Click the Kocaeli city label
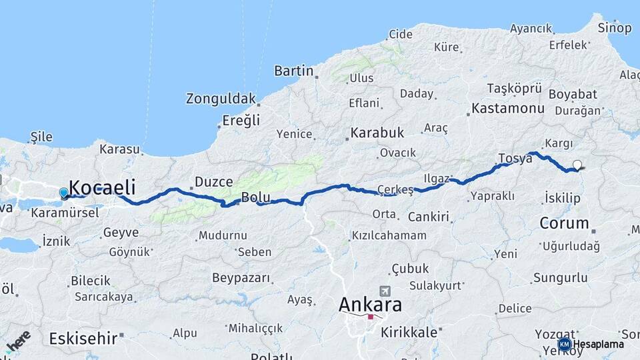point(102,187)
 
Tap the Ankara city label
point(370,305)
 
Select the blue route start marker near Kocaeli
point(63,193)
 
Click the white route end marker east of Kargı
point(577,165)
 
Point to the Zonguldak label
point(221,99)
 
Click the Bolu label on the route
point(255,197)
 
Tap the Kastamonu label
point(507,108)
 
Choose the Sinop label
point(614,28)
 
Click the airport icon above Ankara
point(385,291)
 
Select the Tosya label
point(515,159)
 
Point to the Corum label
point(564,223)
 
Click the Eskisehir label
point(83,339)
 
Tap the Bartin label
point(294,71)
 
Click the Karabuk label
point(377,133)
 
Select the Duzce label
point(213,182)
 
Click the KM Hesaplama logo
point(591,344)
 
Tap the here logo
point(18,341)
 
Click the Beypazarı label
point(241,277)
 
